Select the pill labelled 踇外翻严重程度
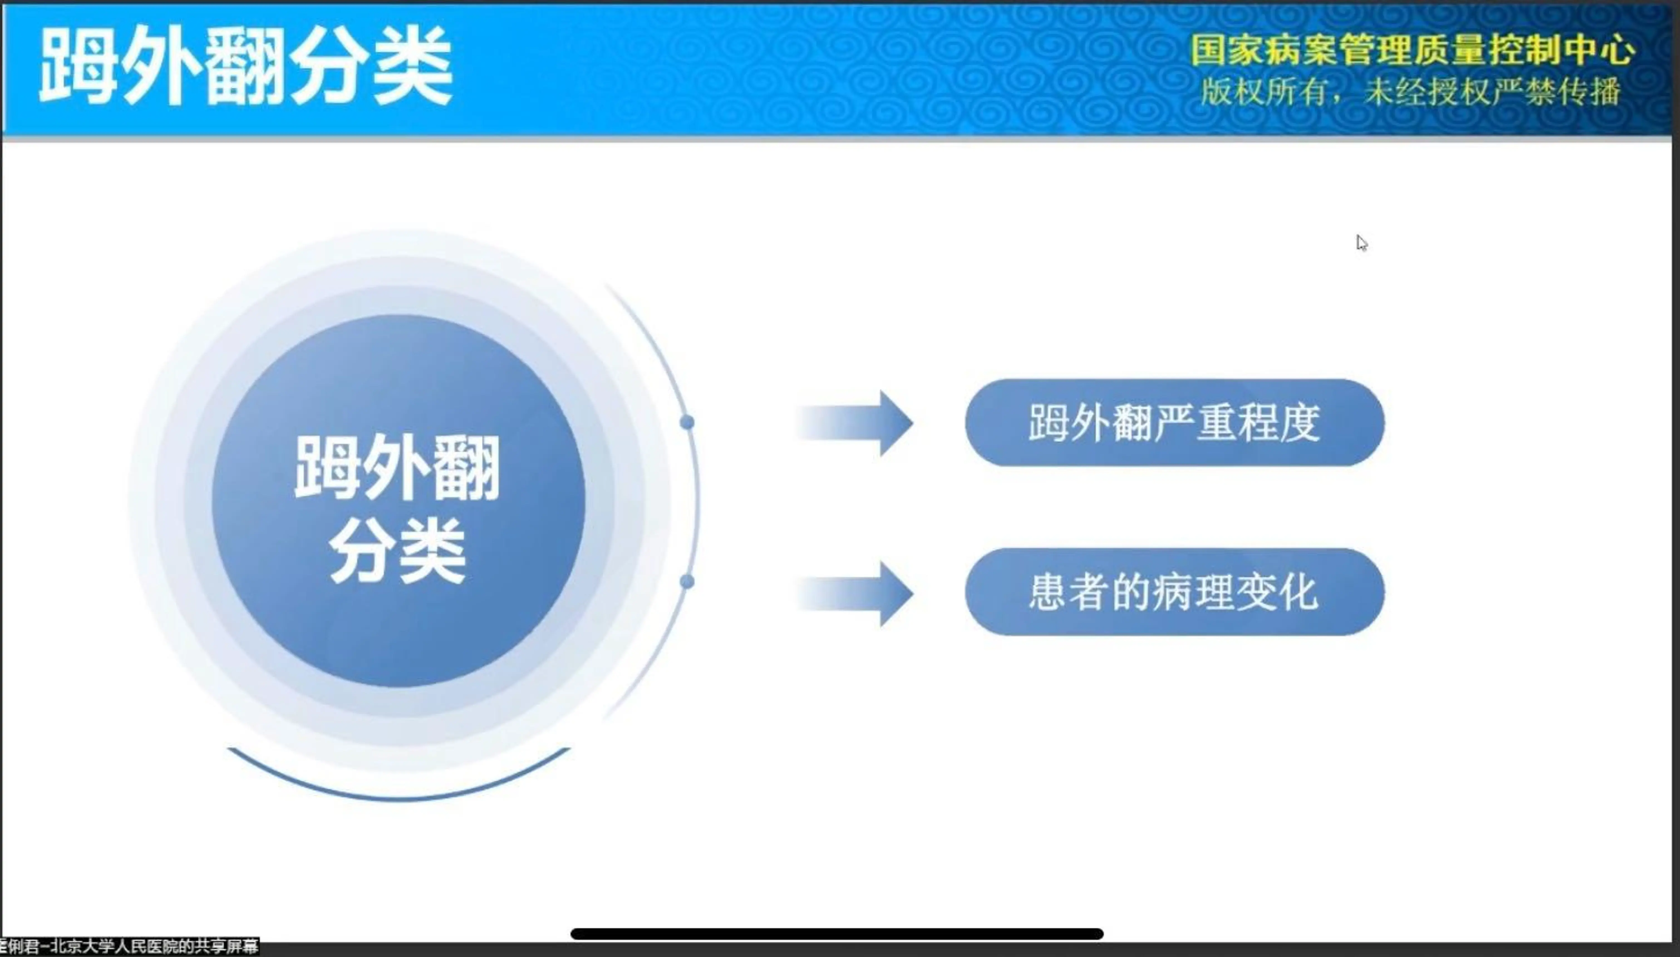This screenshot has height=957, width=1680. coord(1174,423)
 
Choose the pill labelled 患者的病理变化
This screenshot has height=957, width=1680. coord(1174,592)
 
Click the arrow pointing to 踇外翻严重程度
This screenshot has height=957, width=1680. coord(855,423)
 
